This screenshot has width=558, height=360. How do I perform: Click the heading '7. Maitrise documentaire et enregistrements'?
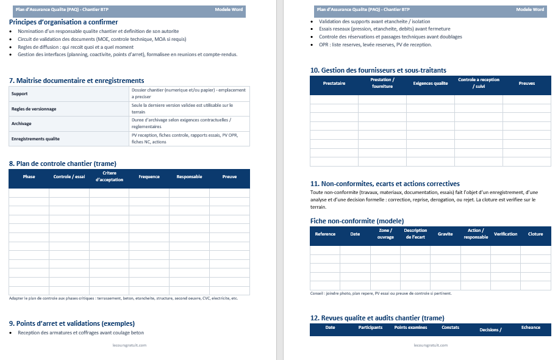77,81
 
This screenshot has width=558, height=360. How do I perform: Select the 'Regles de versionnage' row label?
34,109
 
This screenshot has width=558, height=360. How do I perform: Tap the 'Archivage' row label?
21,123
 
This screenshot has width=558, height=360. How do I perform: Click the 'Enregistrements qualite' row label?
35,139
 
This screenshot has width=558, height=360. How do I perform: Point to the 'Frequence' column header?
149,177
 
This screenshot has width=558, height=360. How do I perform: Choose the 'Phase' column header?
29,177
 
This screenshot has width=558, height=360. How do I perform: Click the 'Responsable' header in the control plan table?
189,177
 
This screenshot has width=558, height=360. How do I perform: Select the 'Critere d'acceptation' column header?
109,177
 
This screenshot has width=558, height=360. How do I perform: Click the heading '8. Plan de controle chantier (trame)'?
63,164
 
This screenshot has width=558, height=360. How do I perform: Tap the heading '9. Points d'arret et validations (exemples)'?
72,323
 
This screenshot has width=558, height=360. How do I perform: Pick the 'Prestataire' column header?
334,83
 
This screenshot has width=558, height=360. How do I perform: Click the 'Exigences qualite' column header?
431,83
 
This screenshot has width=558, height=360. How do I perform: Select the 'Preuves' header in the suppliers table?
527,83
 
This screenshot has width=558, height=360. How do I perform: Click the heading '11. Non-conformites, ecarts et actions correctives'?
385,184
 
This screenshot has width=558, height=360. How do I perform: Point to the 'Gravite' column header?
445,234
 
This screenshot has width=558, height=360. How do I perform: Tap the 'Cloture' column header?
535,234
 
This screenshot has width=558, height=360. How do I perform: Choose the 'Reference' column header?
325,234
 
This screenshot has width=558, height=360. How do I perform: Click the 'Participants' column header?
370,328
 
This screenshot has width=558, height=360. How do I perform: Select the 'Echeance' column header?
531,328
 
